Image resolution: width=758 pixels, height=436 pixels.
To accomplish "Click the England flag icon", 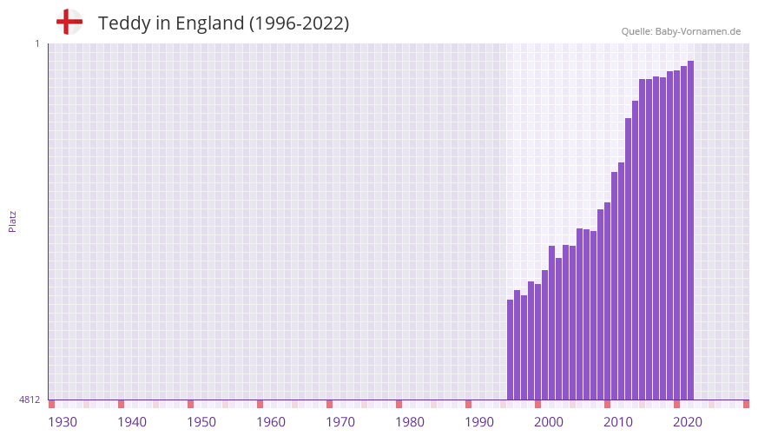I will click(x=69, y=22).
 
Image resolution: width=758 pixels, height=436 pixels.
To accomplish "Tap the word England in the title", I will click(x=209, y=23).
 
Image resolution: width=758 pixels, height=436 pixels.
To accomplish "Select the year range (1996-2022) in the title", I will click(x=299, y=23).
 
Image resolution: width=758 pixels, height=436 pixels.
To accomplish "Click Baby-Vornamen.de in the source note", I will click(x=698, y=31).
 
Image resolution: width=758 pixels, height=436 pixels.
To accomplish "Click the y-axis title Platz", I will click(x=12, y=221).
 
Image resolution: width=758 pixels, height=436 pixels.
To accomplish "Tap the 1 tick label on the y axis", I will click(x=36, y=43).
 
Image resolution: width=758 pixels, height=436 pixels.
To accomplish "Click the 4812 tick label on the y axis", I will click(x=30, y=400).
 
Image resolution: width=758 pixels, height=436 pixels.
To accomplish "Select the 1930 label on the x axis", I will click(x=63, y=422).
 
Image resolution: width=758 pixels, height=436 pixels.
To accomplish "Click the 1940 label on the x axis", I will click(x=132, y=422).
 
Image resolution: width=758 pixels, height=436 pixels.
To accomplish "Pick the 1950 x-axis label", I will click(x=201, y=422).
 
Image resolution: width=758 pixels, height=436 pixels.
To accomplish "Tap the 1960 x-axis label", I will click(x=271, y=422).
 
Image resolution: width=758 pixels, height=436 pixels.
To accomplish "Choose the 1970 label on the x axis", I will click(x=340, y=422).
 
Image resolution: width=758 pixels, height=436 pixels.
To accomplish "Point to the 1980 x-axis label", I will click(x=410, y=422).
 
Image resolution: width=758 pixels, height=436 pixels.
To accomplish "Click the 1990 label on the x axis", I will click(x=479, y=422).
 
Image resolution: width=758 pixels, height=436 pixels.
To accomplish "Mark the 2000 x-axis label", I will click(x=549, y=422).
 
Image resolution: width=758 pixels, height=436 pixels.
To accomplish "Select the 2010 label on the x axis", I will click(x=618, y=422).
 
